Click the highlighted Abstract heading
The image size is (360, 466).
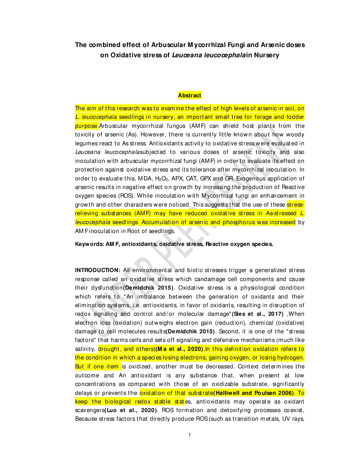(x=189, y=96)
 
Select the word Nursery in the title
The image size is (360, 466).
(x=267, y=55)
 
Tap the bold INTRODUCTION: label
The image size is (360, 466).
(x=98, y=270)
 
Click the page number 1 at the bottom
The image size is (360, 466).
(x=190, y=435)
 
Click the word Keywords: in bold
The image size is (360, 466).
(x=89, y=244)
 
